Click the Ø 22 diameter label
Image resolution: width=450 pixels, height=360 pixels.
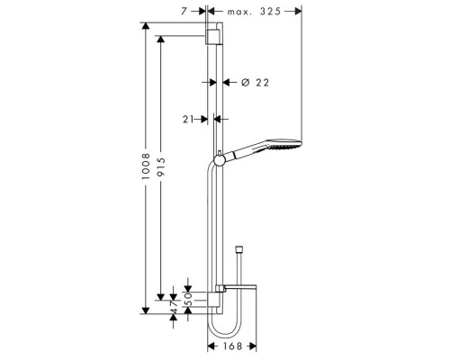pyautogui.click(x=256, y=83)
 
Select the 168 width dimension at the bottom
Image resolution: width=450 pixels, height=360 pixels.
pyautogui.click(x=234, y=344)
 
